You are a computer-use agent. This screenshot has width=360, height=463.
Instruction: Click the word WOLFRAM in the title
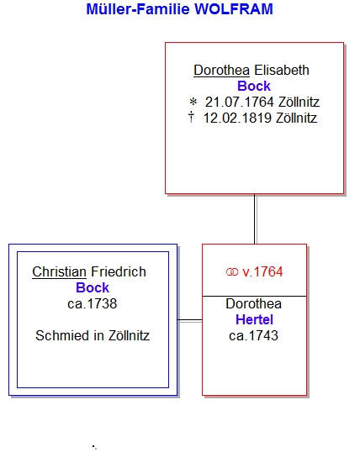pos(234,9)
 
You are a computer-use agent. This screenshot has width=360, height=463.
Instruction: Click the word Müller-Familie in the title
pos(138,9)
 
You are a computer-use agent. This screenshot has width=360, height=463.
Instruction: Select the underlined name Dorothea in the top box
pos(222,71)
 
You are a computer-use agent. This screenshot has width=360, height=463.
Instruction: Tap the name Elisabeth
pos(282,71)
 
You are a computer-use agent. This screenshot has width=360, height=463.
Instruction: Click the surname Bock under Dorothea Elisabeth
pos(254,87)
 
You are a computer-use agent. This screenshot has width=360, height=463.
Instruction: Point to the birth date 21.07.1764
pos(240,103)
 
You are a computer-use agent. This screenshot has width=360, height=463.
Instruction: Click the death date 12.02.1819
pos(237,118)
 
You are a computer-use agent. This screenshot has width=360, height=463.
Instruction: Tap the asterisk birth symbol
pos(193,103)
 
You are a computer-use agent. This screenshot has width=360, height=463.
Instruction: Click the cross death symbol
pos(191,117)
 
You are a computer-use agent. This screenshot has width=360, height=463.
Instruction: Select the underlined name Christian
pos(60,271)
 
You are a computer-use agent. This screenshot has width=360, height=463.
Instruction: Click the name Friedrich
pos(119,271)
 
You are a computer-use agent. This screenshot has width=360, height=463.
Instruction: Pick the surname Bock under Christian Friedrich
pos(93,287)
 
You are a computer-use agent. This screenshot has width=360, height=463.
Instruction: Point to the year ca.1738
pos(93,303)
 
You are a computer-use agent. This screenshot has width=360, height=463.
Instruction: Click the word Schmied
pos(62,335)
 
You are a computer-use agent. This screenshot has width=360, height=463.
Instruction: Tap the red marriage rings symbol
pos(232,272)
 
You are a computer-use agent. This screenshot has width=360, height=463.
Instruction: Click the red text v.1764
pos(262,271)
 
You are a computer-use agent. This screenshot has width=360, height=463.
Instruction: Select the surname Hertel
pos(254,319)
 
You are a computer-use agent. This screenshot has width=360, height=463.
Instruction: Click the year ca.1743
pos(253,335)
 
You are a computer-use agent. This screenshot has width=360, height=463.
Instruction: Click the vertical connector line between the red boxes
pos(255,219)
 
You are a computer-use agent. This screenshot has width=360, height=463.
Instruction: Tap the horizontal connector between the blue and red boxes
pos(190,320)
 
